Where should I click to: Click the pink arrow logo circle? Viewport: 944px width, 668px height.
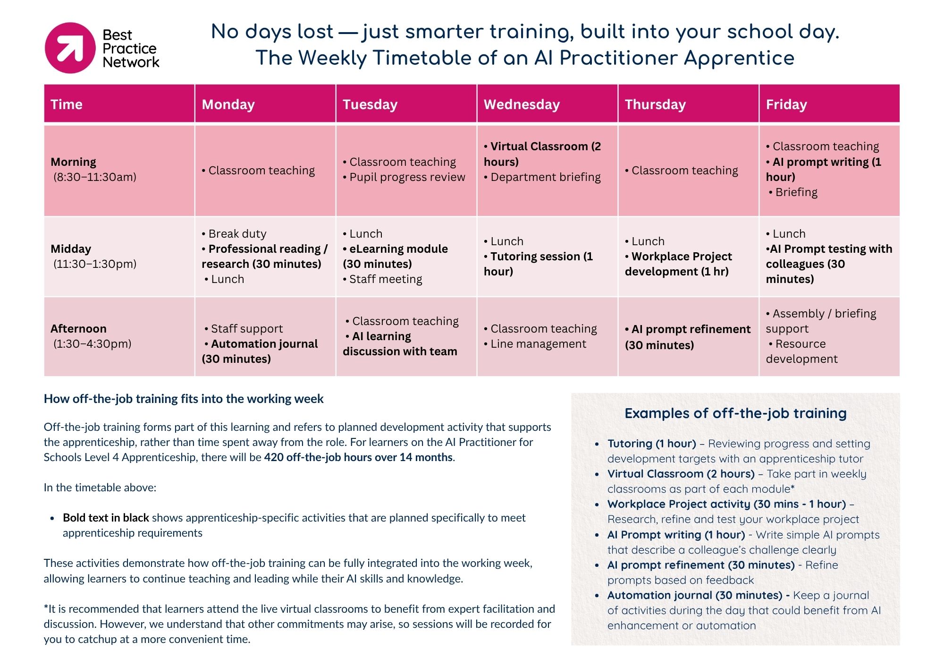[x=70, y=48]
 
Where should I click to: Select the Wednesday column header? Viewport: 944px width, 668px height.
[x=522, y=104]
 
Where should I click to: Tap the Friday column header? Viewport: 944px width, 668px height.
[x=786, y=104]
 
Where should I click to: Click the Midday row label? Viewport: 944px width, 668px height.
[x=71, y=249]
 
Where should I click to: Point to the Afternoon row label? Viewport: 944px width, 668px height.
[x=79, y=329]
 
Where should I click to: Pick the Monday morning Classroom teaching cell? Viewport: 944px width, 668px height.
[x=261, y=171]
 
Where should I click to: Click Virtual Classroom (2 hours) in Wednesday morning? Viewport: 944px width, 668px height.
[x=542, y=154]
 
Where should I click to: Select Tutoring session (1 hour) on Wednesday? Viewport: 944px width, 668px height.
[x=538, y=264]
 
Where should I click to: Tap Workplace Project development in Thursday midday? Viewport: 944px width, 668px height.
[x=678, y=264]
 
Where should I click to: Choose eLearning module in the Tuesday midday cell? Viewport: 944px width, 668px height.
[x=395, y=256]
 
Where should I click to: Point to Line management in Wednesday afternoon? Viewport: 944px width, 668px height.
[x=538, y=344]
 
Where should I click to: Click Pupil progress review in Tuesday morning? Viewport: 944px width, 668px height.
[x=407, y=177]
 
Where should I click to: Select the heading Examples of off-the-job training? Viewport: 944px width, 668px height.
[x=735, y=413]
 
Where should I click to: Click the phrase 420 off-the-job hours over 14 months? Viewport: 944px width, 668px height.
[x=358, y=457]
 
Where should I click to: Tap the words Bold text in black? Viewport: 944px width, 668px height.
[x=106, y=518]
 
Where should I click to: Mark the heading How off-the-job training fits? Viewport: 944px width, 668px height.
[x=184, y=399]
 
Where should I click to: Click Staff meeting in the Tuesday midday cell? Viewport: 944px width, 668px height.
[x=385, y=279]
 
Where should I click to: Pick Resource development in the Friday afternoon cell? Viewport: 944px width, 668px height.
[x=801, y=351]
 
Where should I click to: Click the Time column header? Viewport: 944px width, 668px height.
[x=67, y=104]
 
